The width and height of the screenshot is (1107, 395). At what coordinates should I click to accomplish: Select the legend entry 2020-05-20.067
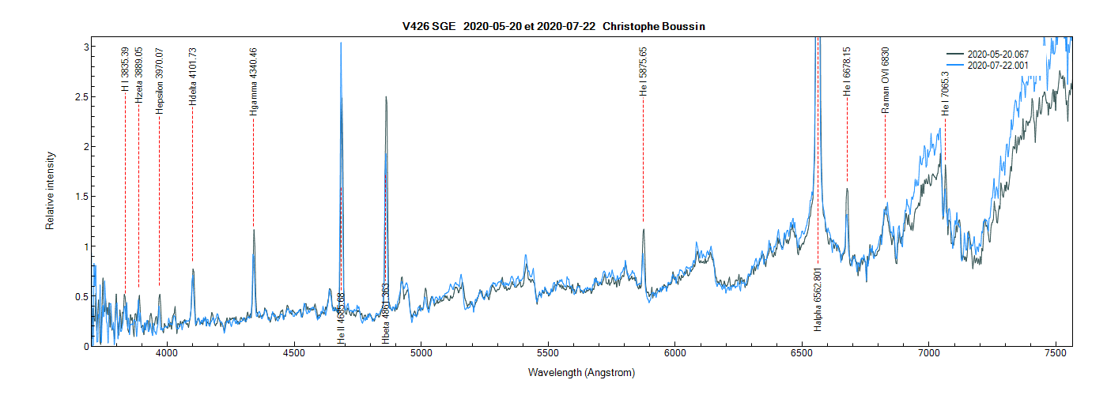coord(998,55)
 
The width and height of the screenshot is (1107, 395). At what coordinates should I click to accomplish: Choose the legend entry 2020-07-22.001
coord(998,66)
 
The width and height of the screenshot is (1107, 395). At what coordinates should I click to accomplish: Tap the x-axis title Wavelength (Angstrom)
coord(581,372)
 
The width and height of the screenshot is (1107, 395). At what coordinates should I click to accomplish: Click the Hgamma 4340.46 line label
coord(253,82)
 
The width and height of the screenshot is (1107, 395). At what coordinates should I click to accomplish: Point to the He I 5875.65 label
coord(643,72)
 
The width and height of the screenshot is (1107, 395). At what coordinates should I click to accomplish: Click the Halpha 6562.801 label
coord(818,308)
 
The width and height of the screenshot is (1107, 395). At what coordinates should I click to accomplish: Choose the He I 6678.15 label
coord(847,72)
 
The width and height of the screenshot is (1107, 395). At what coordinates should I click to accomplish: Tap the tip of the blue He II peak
coord(341,43)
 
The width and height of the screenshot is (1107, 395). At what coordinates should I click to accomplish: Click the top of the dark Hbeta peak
coord(386,97)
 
